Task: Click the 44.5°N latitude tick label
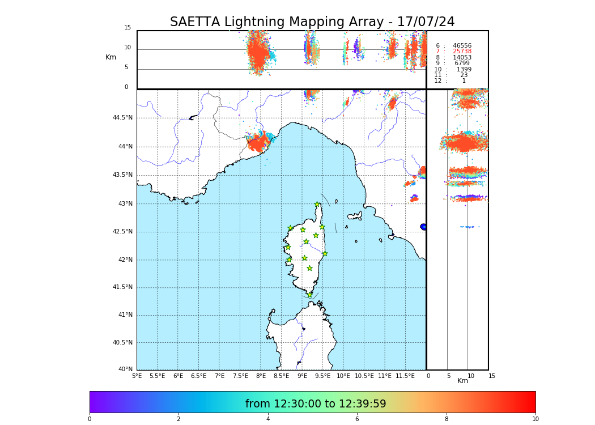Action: coord(122,118)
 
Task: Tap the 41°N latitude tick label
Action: coord(124,315)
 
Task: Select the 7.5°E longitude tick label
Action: coord(240,376)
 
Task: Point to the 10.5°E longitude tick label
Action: coord(364,376)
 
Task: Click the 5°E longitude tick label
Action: coord(137,376)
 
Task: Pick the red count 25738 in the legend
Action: coord(462,52)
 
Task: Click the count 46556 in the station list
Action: coord(462,45)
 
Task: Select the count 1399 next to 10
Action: coord(464,69)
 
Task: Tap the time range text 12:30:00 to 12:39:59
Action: coord(316,404)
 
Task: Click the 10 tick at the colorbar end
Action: coord(535,419)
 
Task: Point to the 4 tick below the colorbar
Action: coord(268,419)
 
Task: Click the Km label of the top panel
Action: coord(110,57)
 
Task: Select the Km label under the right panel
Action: coord(462,381)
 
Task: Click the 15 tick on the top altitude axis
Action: coord(127,28)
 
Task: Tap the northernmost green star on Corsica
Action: coord(317,205)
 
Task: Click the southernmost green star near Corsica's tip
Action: coord(309,295)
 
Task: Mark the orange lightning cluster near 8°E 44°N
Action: coord(258,143)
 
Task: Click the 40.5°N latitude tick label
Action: coord(122,343)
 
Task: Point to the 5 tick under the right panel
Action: coord(448,376)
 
